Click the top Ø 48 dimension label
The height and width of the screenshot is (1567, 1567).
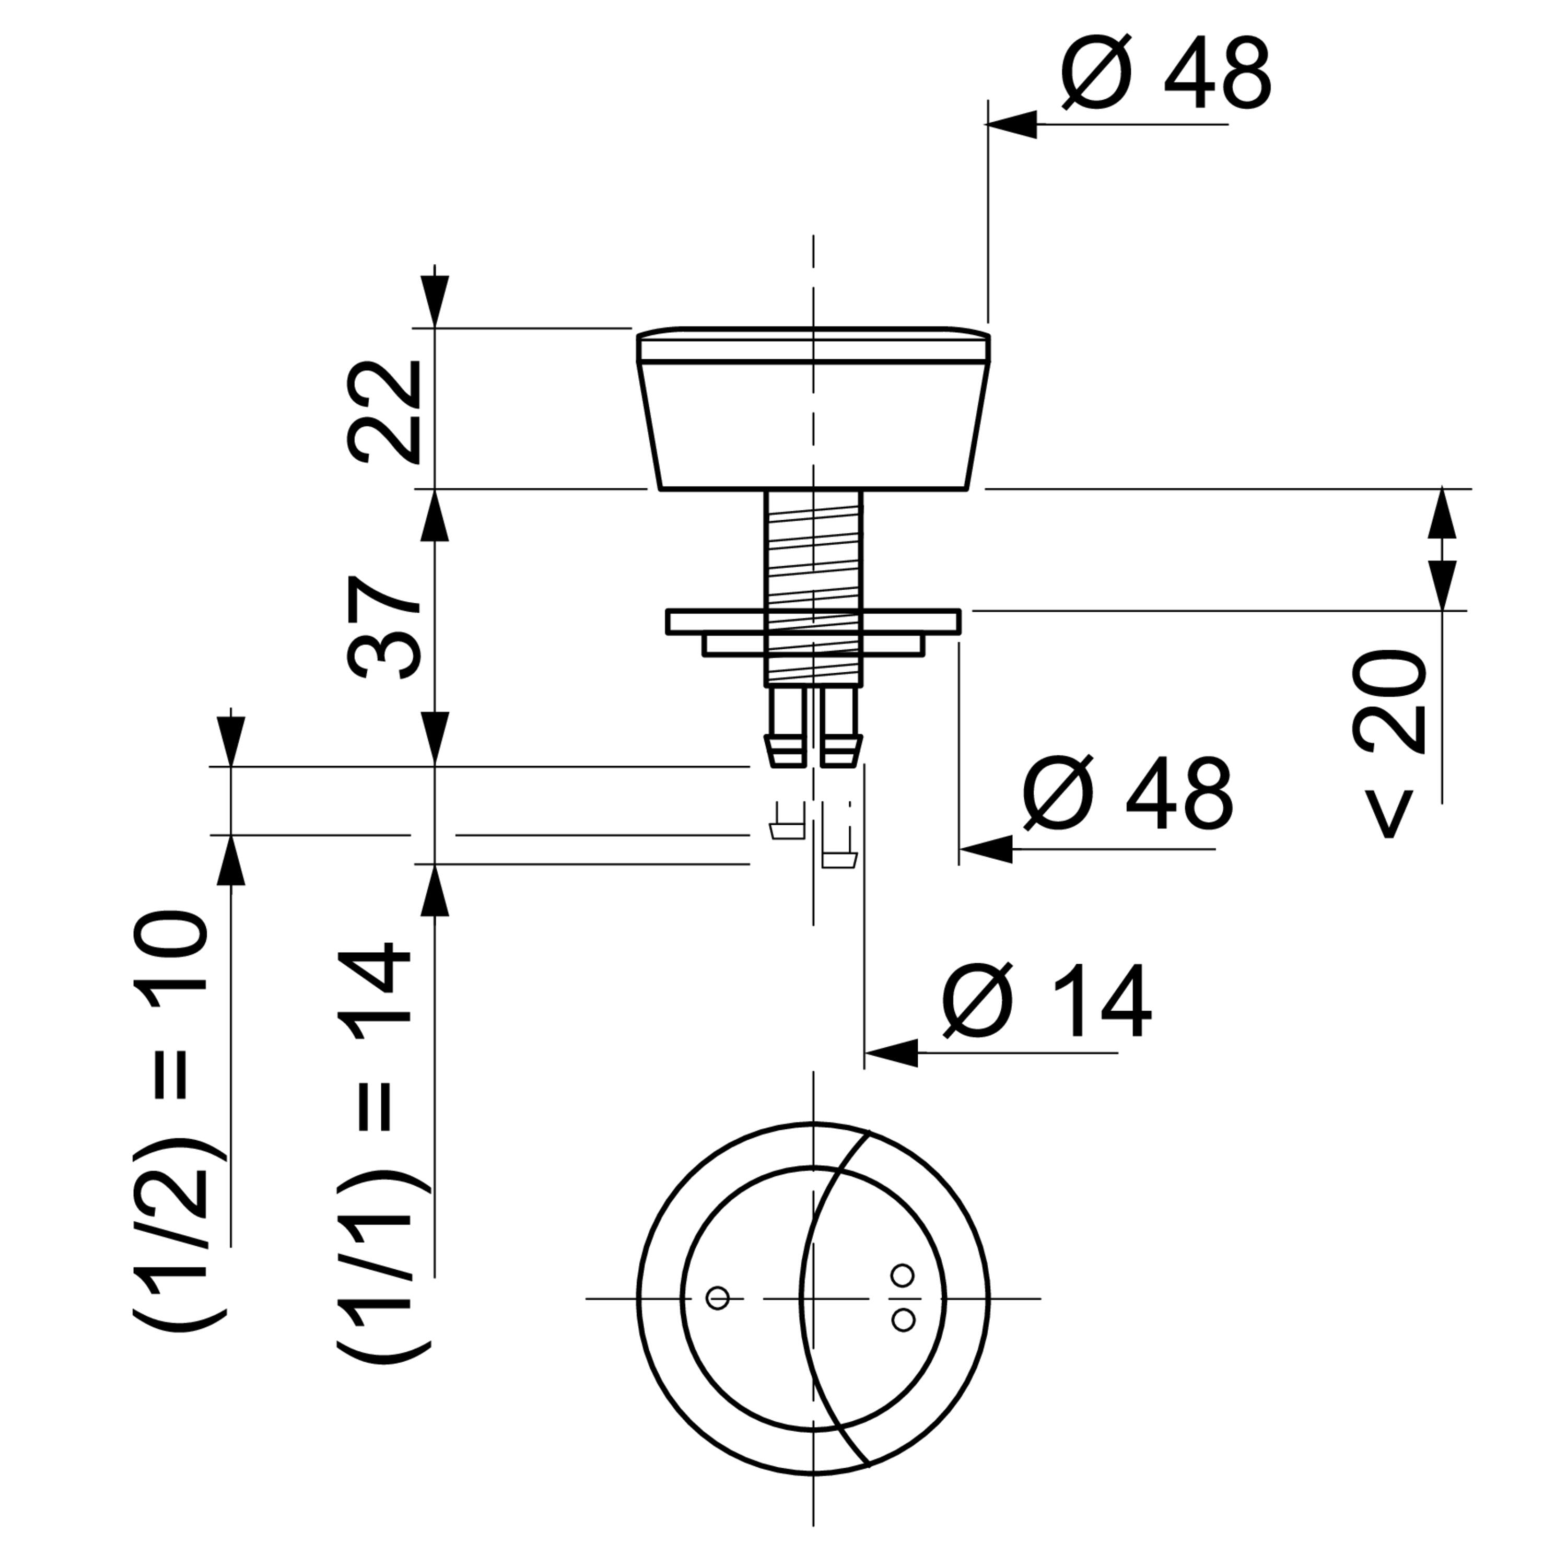pos(1166,73)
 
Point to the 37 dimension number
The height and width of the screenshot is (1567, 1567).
pos(384,626)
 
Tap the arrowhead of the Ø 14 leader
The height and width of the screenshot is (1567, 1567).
pos(891,1053)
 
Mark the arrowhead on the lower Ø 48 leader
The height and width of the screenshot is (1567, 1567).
pos(986,848)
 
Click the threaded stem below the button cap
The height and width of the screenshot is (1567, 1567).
pos(813,588)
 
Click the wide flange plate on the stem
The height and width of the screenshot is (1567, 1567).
pos(813,621)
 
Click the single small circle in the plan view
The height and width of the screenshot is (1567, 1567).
pos(717,1297)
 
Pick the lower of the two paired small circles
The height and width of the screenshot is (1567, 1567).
pos(902,1319)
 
